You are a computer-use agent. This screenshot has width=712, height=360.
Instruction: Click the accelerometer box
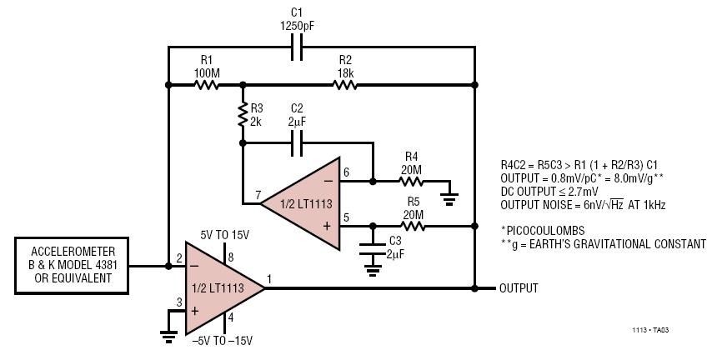point(72,266)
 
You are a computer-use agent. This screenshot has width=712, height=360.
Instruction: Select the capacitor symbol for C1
point(296,47)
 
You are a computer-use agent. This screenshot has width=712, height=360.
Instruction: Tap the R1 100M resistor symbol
point(207,85)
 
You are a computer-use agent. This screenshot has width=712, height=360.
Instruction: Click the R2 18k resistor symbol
point(344,85)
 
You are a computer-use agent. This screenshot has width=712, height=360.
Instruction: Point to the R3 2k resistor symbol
point(243,115)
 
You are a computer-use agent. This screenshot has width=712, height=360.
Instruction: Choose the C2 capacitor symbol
point(296,143)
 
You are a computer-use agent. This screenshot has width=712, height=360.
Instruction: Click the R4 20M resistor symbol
point(411,181)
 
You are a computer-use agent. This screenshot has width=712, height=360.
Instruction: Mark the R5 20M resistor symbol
point(413,226)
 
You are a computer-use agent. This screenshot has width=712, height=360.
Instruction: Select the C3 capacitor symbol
point(373,249)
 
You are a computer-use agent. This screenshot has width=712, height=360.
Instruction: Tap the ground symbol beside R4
point(449,199)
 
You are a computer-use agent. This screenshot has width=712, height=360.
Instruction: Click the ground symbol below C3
point(373,271)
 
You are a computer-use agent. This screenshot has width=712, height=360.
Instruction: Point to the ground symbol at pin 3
point(168,337)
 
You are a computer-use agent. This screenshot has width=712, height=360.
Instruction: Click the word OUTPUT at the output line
point(519,288)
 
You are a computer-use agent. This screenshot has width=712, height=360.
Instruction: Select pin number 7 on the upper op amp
point(258,195)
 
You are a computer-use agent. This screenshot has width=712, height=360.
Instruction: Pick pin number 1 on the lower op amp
point(269,279)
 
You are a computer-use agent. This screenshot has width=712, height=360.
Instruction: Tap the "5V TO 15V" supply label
point(224,235)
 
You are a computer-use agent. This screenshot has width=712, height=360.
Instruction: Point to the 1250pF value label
point(297,26)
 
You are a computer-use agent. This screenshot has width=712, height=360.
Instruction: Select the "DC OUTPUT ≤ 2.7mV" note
point(549,191)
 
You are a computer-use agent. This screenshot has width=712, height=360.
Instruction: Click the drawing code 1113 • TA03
point(650,330)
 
